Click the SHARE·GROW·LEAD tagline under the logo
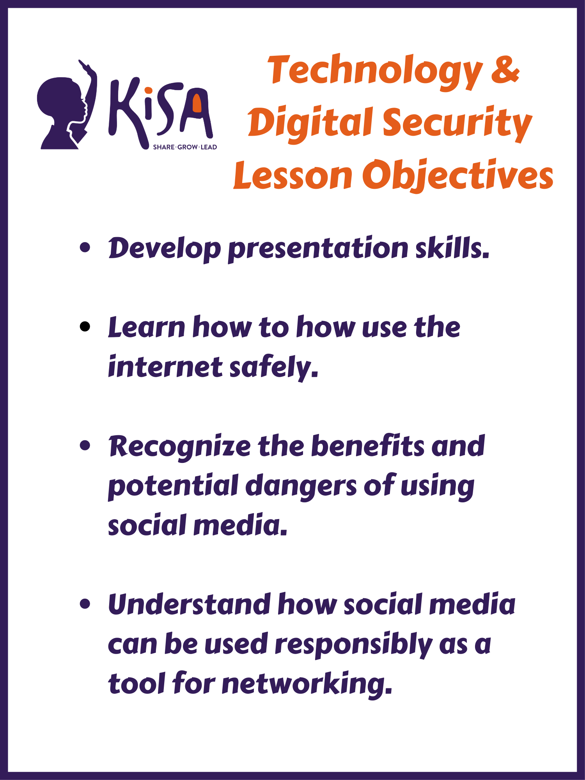tap(185, 147)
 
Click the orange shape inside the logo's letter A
tap(197, 103)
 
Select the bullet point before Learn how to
tap(85, 326)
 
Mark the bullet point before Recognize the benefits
tap(85, 445)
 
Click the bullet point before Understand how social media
tap(85, 604)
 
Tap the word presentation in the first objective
tap(318, 250)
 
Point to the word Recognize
tap(180, 447)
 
